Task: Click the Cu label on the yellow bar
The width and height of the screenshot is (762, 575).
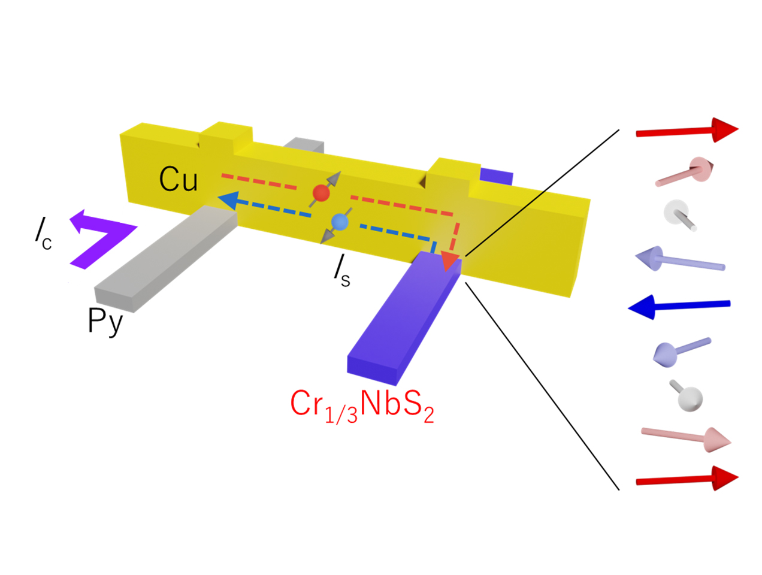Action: coord(178,178)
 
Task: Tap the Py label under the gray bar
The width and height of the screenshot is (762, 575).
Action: coord(105,321)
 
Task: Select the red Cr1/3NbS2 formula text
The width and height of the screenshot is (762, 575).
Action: coord(362,405)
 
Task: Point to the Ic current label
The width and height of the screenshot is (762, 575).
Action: coord(43,234)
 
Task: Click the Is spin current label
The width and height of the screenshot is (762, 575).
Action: coord(342,273)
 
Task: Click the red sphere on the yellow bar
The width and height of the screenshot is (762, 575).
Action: coord(322,193)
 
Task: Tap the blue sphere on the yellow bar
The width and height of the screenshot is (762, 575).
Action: coord(340,222)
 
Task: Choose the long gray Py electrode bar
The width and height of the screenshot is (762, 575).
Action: coord(165,258)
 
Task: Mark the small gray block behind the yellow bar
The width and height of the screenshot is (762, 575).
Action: coord(306,146)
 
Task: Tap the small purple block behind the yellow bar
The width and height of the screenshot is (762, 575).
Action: coord(497,177)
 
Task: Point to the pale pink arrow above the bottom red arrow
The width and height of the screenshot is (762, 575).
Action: coord(686,438)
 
